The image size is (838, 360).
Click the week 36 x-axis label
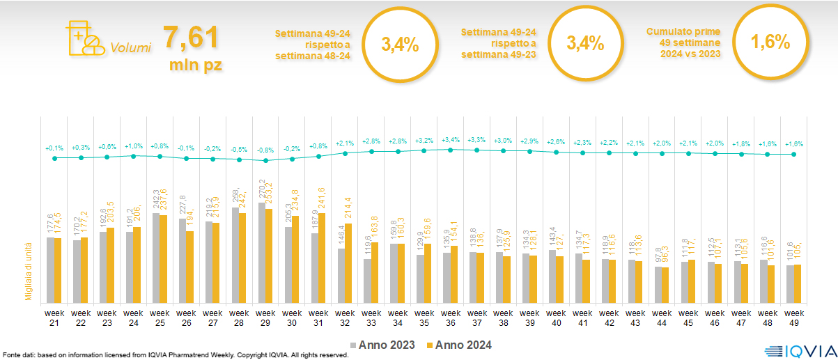click(x=450, y=318)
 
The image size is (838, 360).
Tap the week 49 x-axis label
click(x=795, y=318)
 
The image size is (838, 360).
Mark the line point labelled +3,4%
click(x=451, y=150)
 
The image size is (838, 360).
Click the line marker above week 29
click(x=265, y=161)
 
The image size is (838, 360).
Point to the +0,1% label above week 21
click(x=54, y=148)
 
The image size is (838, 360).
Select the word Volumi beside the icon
click(x=130, y=49)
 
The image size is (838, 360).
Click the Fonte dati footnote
click(x=174, y=355)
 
